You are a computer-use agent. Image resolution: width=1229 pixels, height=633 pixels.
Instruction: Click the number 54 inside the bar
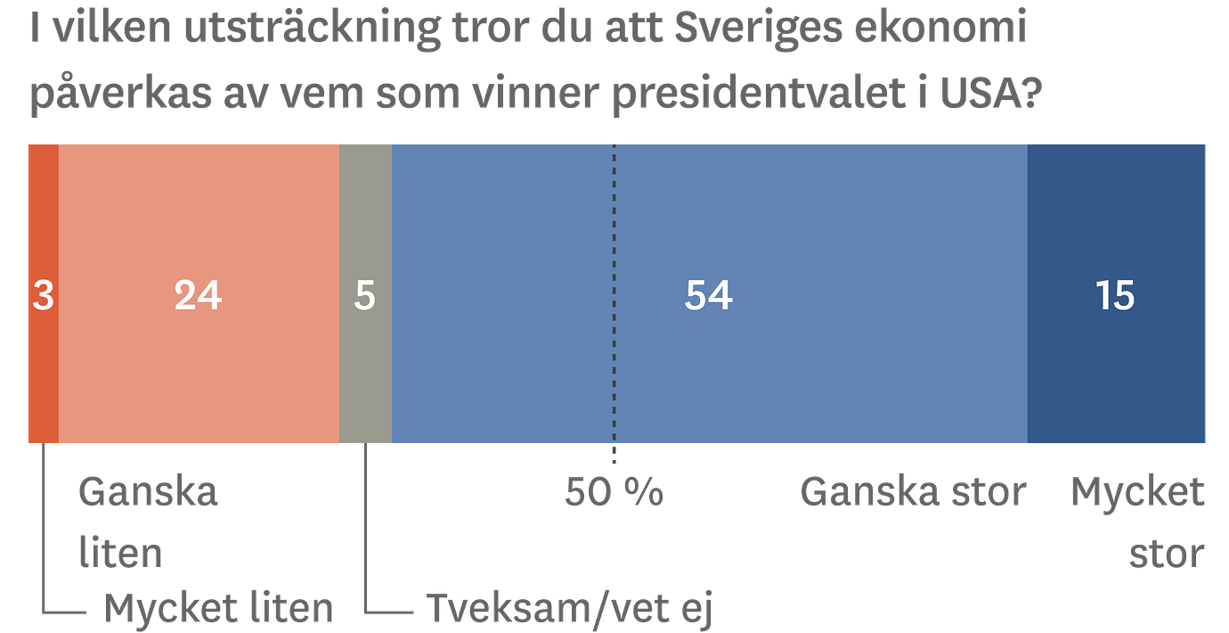708,296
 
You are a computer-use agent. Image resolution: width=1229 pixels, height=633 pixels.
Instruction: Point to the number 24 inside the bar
198,296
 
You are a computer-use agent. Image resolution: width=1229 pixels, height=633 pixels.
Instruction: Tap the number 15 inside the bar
1115,296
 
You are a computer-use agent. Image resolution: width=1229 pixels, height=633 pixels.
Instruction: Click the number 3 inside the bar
43,296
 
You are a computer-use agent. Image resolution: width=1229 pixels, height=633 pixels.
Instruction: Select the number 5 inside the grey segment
365,296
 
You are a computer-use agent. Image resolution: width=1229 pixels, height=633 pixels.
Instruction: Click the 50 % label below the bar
614,492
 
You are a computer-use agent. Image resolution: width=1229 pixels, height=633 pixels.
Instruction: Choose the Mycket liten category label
219,608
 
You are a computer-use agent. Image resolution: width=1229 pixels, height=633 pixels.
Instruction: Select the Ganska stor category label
913,492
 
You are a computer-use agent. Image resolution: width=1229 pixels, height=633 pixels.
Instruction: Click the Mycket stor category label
1138,522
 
